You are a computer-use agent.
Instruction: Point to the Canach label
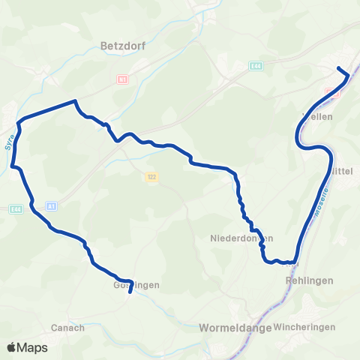[x=67, y=328]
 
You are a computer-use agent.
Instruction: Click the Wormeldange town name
[x=231, y=328]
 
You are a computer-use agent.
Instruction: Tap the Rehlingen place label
[x=304, y=280]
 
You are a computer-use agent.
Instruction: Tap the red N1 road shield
[x=121, y=78]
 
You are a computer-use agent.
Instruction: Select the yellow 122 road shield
[x=151, y=177]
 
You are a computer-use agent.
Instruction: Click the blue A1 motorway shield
[x=51, y=205]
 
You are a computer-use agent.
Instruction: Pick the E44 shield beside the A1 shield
[x=16, y=209]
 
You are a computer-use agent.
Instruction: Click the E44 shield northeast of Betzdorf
[x=256, y=67]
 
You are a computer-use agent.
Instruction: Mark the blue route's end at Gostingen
[x=130, y=293]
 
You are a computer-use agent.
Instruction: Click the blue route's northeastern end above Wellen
[x=338, y=68]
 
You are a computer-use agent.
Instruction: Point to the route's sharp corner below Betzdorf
[x=75, y=101]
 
